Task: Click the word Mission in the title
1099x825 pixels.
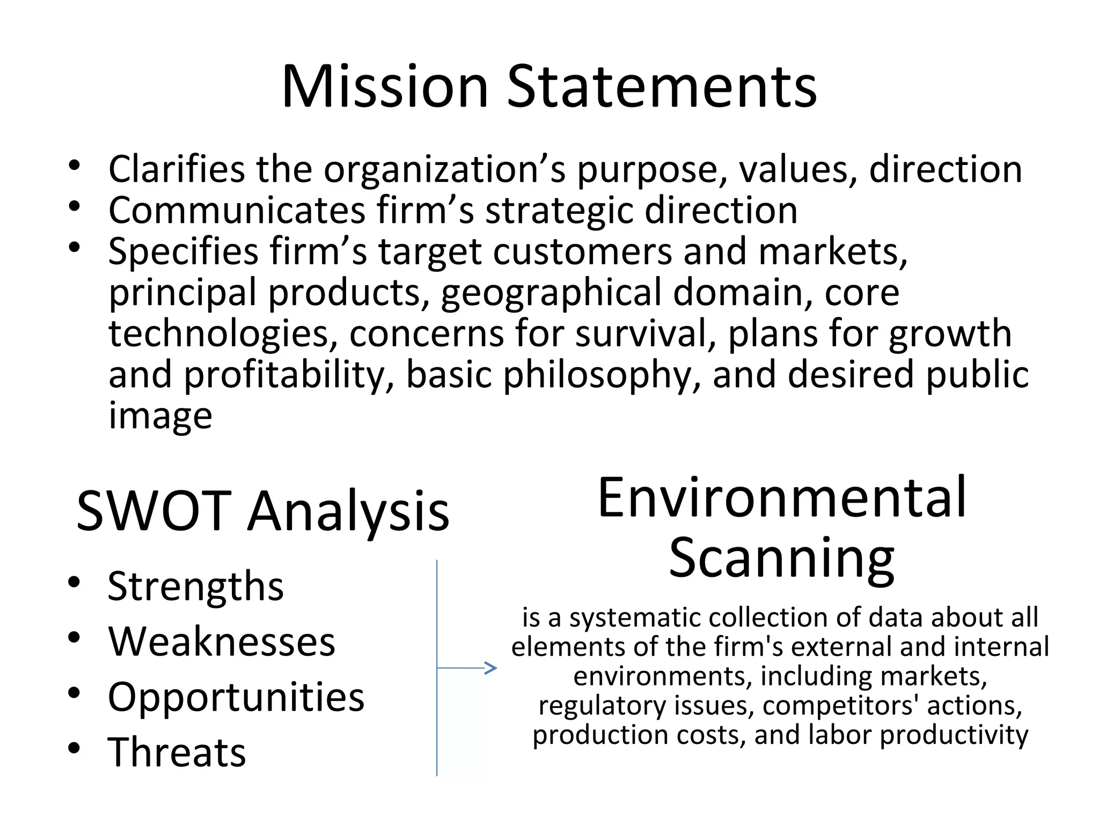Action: (384, 87)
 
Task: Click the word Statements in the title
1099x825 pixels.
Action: (662, 87)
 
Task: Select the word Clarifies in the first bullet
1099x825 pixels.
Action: (177, 169)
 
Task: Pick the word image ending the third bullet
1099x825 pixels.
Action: (160, 415)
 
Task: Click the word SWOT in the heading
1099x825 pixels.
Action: (153, 511)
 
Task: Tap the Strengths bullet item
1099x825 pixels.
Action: (195, 587)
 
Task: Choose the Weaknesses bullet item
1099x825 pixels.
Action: (222, 641)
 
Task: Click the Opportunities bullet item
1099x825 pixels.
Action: (236, 697)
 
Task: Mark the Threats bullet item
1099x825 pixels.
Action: (177, 752)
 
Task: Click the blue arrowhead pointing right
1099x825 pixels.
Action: (491, 668)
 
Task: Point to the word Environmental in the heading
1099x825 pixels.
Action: (781, 498)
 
